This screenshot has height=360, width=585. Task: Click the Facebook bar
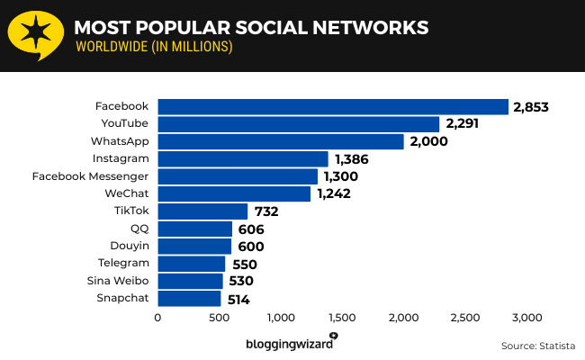(333, 107)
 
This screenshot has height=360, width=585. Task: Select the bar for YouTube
(299, 124)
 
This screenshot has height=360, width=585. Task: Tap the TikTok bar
(202, 211)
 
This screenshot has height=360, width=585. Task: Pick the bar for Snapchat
(189, 299)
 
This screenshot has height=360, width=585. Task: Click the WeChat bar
(234, 193)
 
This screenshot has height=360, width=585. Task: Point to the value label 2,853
(530, 107)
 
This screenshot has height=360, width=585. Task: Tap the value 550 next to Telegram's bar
(243, 265)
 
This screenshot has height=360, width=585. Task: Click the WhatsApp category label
(119, 141)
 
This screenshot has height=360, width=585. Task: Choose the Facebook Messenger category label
(90, 176)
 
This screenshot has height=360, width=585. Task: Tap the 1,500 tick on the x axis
(342, 317)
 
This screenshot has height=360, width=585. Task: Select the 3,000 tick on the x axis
(526, 317)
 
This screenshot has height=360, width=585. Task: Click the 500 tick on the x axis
(220, 317)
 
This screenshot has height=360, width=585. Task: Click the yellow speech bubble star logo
(35, 35)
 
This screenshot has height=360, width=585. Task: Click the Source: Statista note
(536, 345)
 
